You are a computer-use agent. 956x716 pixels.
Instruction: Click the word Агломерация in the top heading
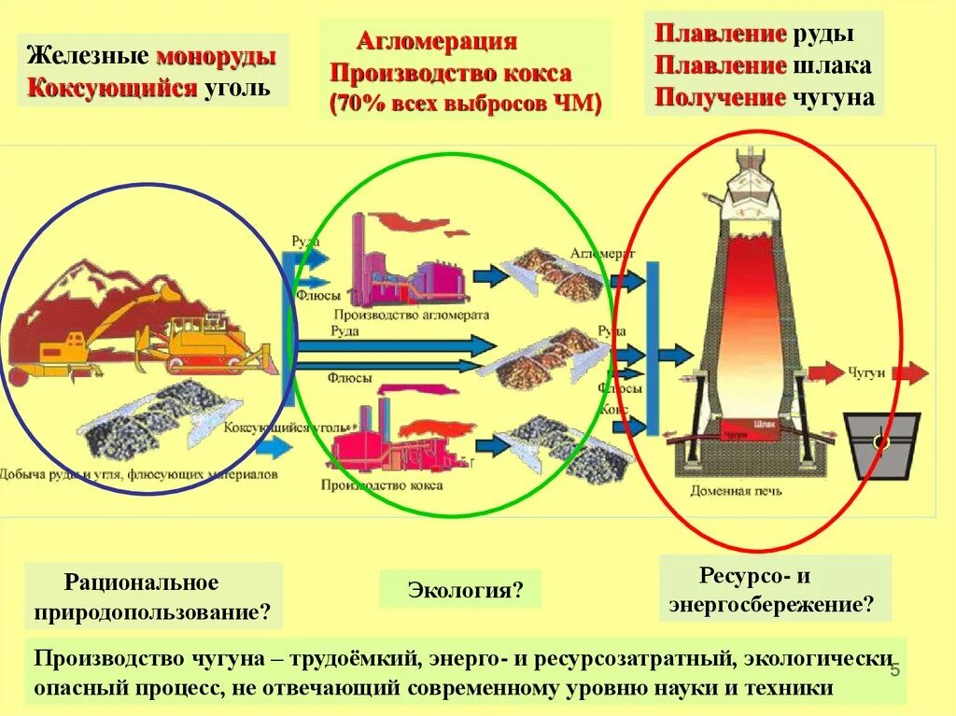click(x=436, y=42)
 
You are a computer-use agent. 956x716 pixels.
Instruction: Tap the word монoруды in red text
click(x=216, y=56)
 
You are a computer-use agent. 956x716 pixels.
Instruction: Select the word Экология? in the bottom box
click(x=460, y=590)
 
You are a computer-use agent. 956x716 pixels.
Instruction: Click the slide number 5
click(x=893, y=672)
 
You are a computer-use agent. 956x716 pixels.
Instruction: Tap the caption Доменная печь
click(x=737, y=490)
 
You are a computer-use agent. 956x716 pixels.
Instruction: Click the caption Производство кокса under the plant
click(x=382, y=485)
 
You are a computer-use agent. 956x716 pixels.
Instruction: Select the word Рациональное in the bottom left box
click(x=141, y=583)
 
